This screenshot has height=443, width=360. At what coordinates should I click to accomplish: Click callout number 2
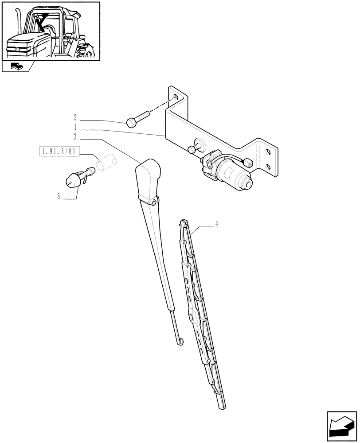(75, 118)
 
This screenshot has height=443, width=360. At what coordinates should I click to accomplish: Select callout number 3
(75, 136)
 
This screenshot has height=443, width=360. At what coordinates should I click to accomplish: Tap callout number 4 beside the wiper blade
(216, 225)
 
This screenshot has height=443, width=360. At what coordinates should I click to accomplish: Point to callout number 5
(58, 196)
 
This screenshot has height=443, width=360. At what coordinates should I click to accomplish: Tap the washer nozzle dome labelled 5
(72, 180)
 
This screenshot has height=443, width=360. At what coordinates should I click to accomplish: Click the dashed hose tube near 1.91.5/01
(106, 161)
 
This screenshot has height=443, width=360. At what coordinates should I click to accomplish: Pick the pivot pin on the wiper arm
(154, 202)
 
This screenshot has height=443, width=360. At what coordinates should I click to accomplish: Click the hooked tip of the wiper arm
(179, 341)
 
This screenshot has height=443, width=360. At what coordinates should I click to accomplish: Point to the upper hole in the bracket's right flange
(268, 152)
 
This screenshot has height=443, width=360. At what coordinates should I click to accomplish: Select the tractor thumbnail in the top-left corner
(51, 31)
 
